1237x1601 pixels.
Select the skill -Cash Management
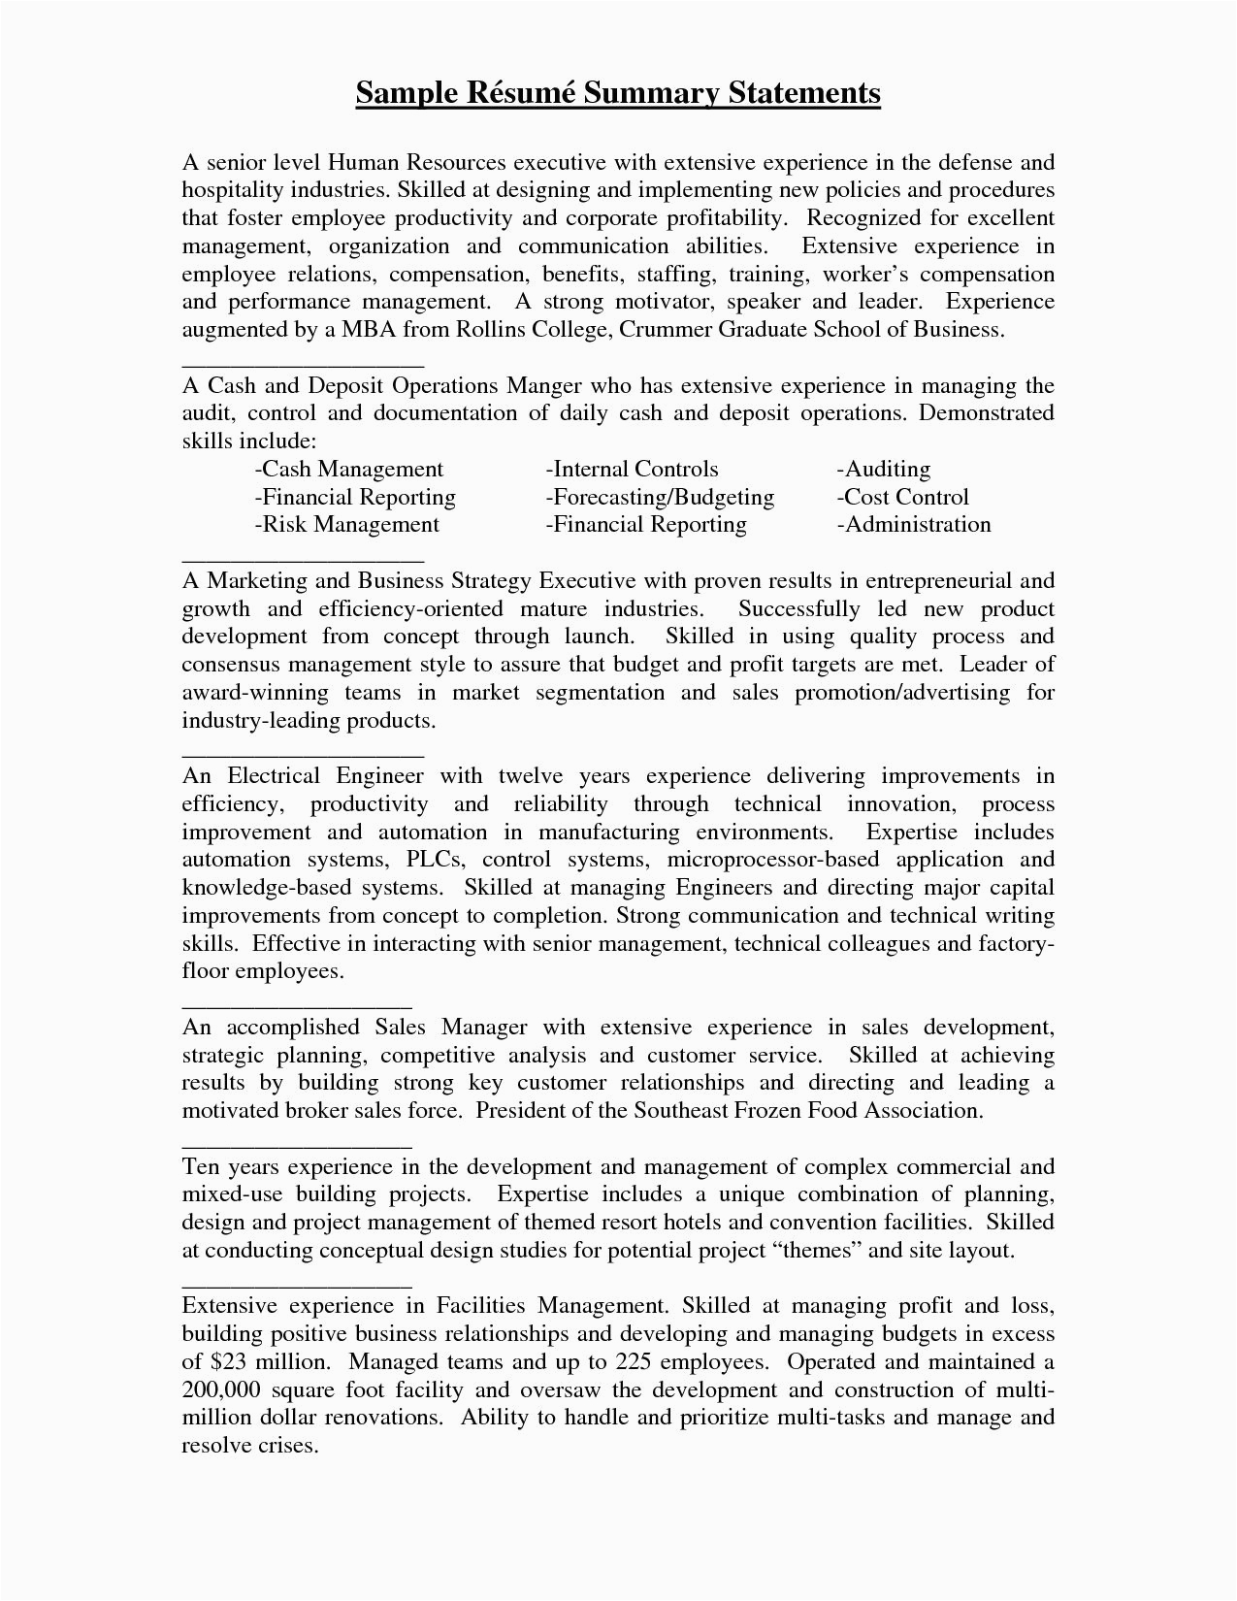point(348,469)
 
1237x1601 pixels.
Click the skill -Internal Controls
point(632,469)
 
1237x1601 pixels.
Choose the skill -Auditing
point(883,469)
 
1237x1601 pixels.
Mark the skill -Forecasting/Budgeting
point(660,497)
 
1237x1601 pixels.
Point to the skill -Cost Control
point(902,497)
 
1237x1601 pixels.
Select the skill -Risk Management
point(346,525)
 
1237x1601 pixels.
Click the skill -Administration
point(913,525)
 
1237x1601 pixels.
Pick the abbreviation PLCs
point(437,860)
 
